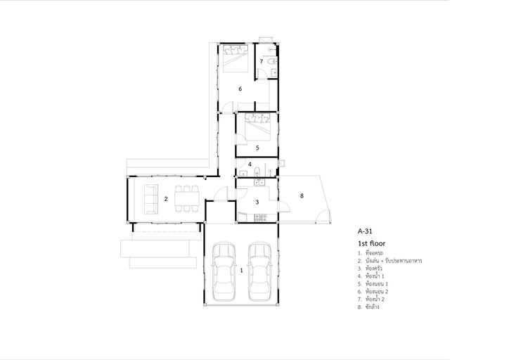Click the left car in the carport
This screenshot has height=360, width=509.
coord(224,271)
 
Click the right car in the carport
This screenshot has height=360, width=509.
coord(259,271)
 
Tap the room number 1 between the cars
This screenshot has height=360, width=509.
coord(241,270)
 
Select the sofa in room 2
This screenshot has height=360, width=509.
coord(151,199)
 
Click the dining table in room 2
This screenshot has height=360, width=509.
coord(186,199)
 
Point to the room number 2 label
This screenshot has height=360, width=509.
coord(166,199)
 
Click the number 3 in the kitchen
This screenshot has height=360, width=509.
coord(257,202)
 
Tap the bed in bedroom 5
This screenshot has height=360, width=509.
coord(258,127)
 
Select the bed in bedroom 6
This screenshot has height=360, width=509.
coord(236,58)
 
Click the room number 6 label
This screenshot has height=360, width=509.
coord(240,89)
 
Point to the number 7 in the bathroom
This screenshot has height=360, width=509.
coord(261,61)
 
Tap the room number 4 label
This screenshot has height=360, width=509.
coord(250,165)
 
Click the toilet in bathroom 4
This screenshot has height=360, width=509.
coord(257,172)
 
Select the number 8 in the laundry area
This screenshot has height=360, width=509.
coord(302,195)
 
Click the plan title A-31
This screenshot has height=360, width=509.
coord(365,231)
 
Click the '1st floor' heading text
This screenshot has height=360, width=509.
coord(372,243)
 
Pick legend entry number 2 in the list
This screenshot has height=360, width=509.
coord(390,261)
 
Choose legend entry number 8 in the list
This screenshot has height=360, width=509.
coord(368,307)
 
